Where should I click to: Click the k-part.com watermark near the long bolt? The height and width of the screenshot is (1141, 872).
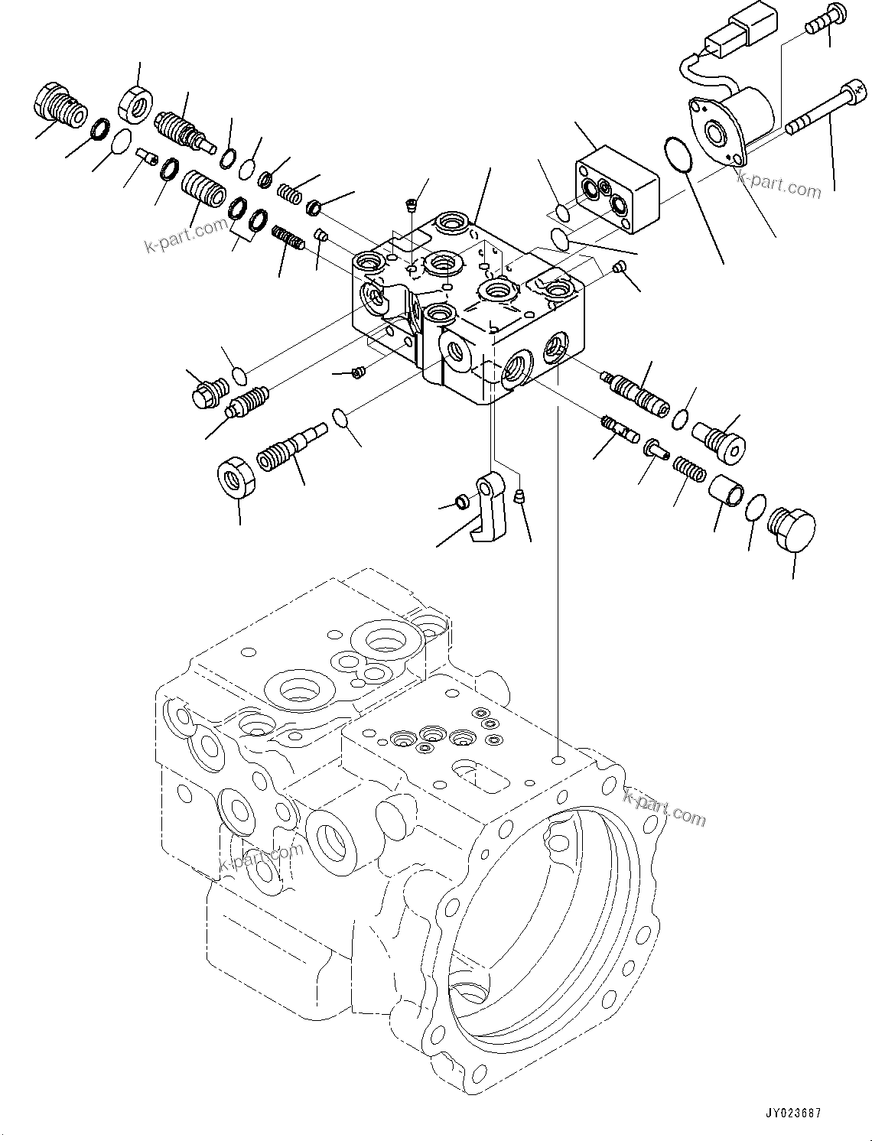(779, 186)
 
